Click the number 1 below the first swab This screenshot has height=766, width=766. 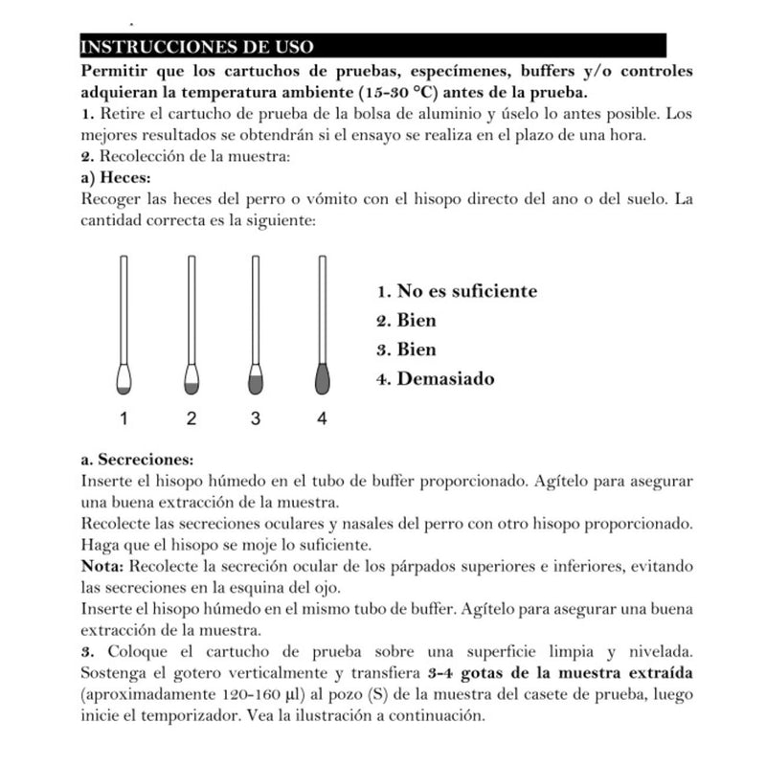[x=124, y=418]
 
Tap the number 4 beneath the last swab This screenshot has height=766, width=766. [x=322, y=418]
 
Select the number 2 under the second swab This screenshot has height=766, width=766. [x=191, y=418]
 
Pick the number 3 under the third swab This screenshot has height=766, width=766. [x=256, y=418]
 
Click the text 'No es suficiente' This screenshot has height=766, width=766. [x=466, y=291]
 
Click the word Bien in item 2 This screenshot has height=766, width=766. [x=417, y=321]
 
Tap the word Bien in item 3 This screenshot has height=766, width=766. [x=417, y=349]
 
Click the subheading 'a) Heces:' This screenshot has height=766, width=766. [x=117, y=178]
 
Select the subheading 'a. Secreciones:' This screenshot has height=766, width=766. [x=138, y=459]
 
